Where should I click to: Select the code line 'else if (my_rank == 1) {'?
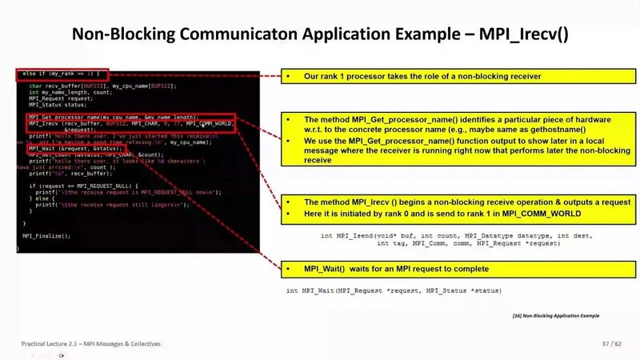click(x=61, y=74)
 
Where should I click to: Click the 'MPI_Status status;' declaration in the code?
click(x=57, y=104)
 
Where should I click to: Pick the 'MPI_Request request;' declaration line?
click(x=61, y=98)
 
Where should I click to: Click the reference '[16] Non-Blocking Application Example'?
click(x=559, y=315)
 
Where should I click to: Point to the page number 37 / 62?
click(x=611, y=343)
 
